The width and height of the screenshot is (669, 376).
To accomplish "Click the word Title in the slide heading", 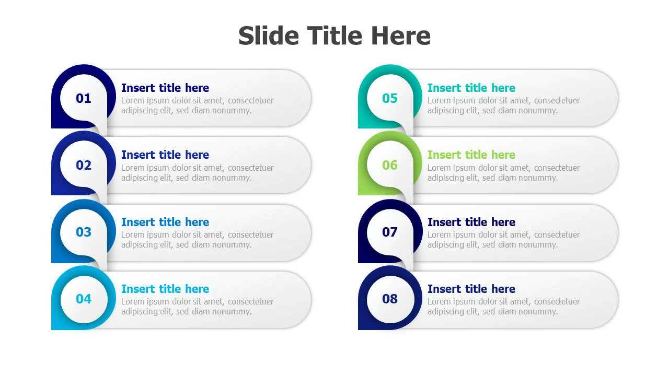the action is tap(334, 36).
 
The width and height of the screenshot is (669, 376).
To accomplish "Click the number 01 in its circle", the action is tap(83, 99).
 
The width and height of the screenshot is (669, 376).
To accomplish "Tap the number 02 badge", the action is tap(83, 166).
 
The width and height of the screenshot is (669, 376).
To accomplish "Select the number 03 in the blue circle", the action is tap(83, 232).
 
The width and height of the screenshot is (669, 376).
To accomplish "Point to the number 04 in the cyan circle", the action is tap(83, 299).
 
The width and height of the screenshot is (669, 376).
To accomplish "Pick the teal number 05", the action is tap(390, 99).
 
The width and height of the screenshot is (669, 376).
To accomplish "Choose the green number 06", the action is tap(390, 166).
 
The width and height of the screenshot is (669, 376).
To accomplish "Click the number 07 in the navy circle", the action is tap(390, 232).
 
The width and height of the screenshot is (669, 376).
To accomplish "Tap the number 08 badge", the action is tap(390, 299).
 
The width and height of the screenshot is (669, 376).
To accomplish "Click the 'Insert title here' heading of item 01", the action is tap(165, 88).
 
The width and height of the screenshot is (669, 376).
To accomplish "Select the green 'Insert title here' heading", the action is tap(471, 155).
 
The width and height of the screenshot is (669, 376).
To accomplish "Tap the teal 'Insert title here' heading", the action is tap(471, 88).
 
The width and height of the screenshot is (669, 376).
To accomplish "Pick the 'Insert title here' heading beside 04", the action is tap(165, 289).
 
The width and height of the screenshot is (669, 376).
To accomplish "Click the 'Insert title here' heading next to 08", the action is tap(471, 289).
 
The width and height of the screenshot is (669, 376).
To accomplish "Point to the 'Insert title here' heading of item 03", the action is tap(165, 222).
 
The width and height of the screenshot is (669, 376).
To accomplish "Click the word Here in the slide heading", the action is tap(401, 36).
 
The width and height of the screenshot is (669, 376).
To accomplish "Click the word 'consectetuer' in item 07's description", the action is tap(557, 235).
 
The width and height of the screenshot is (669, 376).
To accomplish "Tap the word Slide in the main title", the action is tap(269, 36).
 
